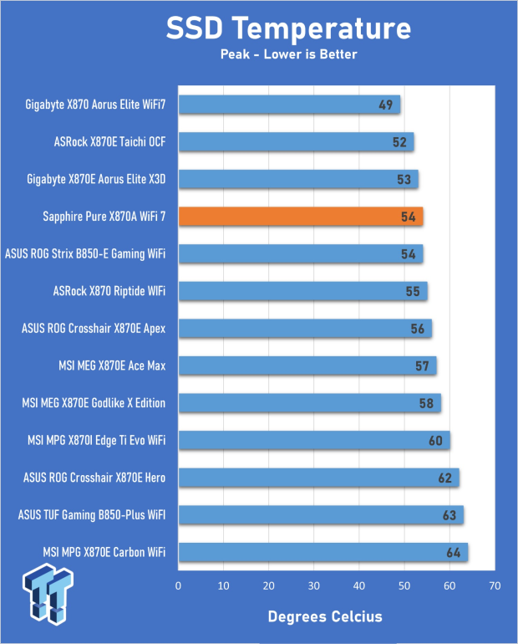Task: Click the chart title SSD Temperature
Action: coord(288,30)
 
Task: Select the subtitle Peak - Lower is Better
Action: coord(288,55)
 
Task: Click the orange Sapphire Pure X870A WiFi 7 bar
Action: coord(301,217)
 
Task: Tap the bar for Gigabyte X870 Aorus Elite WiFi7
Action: coord(289,105)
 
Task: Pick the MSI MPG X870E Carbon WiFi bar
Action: coord(322,552)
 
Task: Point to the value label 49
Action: coord(385,105)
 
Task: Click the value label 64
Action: coord(454,552)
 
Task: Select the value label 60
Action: coord(435,441)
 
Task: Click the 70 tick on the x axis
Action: coord(495,586)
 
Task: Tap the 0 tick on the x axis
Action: coord(178,586)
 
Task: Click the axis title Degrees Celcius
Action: coord(325,616)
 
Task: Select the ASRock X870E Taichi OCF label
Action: coord(109,142)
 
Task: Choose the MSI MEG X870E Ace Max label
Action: coord(114,365)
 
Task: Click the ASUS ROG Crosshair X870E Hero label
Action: coord(94,478)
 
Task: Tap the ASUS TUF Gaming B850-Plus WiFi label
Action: coord(89,514)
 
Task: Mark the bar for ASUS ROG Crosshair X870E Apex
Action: coord(305,329)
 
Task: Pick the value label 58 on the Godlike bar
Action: coord(426,403)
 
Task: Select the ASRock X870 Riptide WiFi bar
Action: coord(302,291)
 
